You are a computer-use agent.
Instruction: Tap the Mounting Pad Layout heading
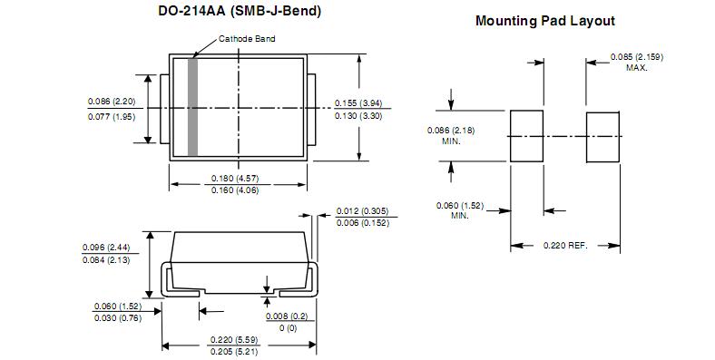click(x=544, y=21)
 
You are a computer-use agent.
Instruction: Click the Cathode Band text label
click(x=247, y=39)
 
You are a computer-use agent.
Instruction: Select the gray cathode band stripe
click(x=192, y=106)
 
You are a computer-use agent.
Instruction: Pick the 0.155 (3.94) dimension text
click(x=359, y=102)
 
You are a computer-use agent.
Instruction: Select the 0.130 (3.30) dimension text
click(x=359, y=116)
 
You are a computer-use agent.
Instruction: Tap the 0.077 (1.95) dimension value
click(x=112, y=116)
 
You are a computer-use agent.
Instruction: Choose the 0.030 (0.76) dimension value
click(x=118, y=317)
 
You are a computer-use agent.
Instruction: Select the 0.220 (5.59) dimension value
click(x=234, y=339)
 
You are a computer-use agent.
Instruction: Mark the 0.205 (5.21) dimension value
click(x=234, y=351)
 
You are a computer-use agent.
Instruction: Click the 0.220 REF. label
click(x=565, y=246)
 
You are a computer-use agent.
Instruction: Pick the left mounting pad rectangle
click(x=525, y=135)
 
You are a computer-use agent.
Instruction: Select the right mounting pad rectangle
click(x=602, y=135)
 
